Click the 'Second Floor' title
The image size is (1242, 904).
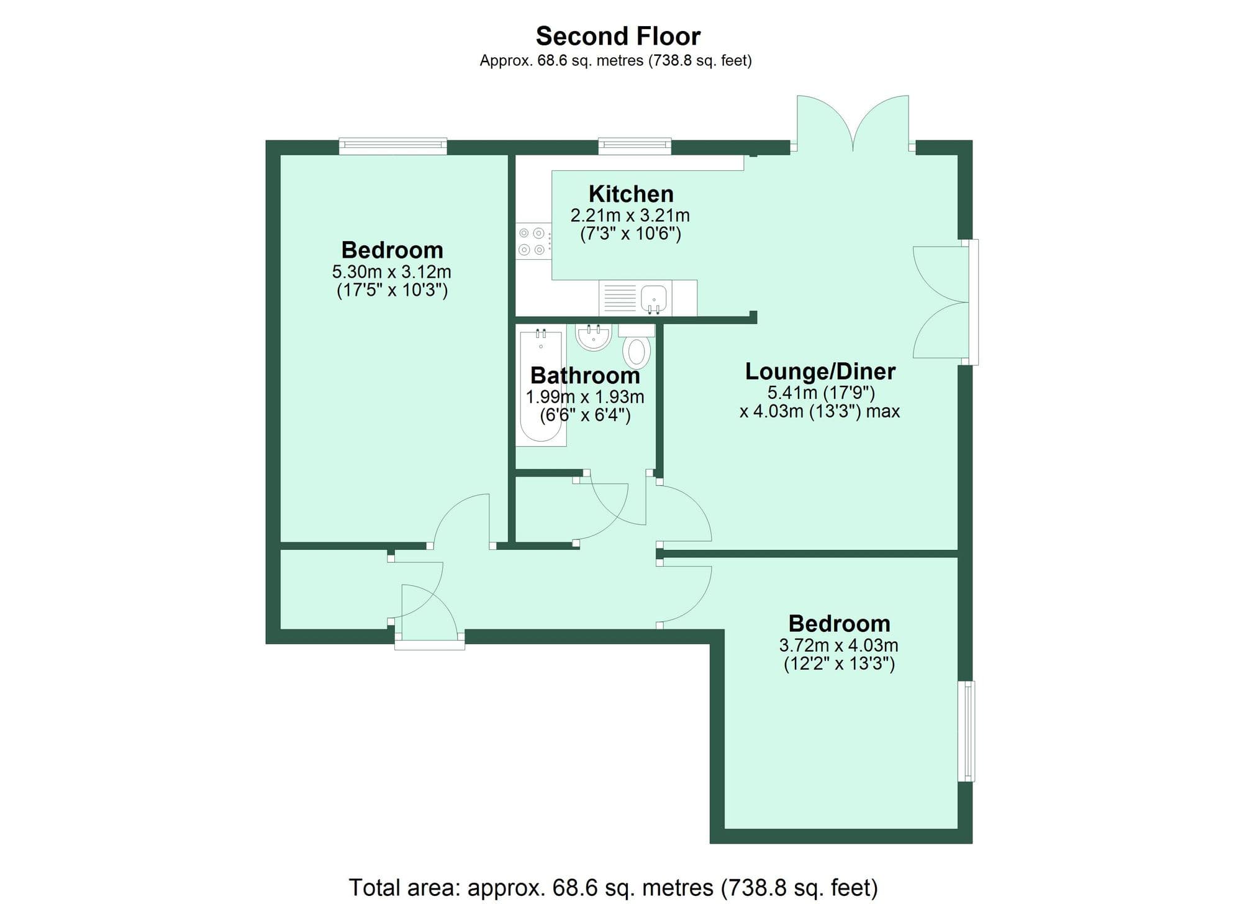coord(618,36)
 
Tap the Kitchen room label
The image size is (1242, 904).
coord(631,194)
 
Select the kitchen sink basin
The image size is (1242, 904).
coord(653,298)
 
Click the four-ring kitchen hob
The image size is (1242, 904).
coord(532,241)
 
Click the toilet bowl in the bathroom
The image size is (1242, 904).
coord(637,352)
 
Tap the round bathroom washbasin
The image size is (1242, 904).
coord(593,337)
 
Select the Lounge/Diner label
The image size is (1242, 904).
coord(820,371)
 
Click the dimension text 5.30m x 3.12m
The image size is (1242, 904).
coord(391,272)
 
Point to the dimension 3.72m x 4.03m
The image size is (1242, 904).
coord(838,645)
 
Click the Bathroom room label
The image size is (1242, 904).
coord(585,375)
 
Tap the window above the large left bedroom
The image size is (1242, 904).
coord(392,147)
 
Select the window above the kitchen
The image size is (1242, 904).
coord(635,147)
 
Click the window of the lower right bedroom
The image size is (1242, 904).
coord(966,731)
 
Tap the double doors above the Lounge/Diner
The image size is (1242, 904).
coord(853,124)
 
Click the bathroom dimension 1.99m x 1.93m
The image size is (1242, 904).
coord(585,396)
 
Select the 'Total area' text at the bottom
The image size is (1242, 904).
coord(613,887)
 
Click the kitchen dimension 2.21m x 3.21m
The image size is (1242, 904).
coord(630,216)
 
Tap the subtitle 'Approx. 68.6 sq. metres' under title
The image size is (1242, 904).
coord(615,60)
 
